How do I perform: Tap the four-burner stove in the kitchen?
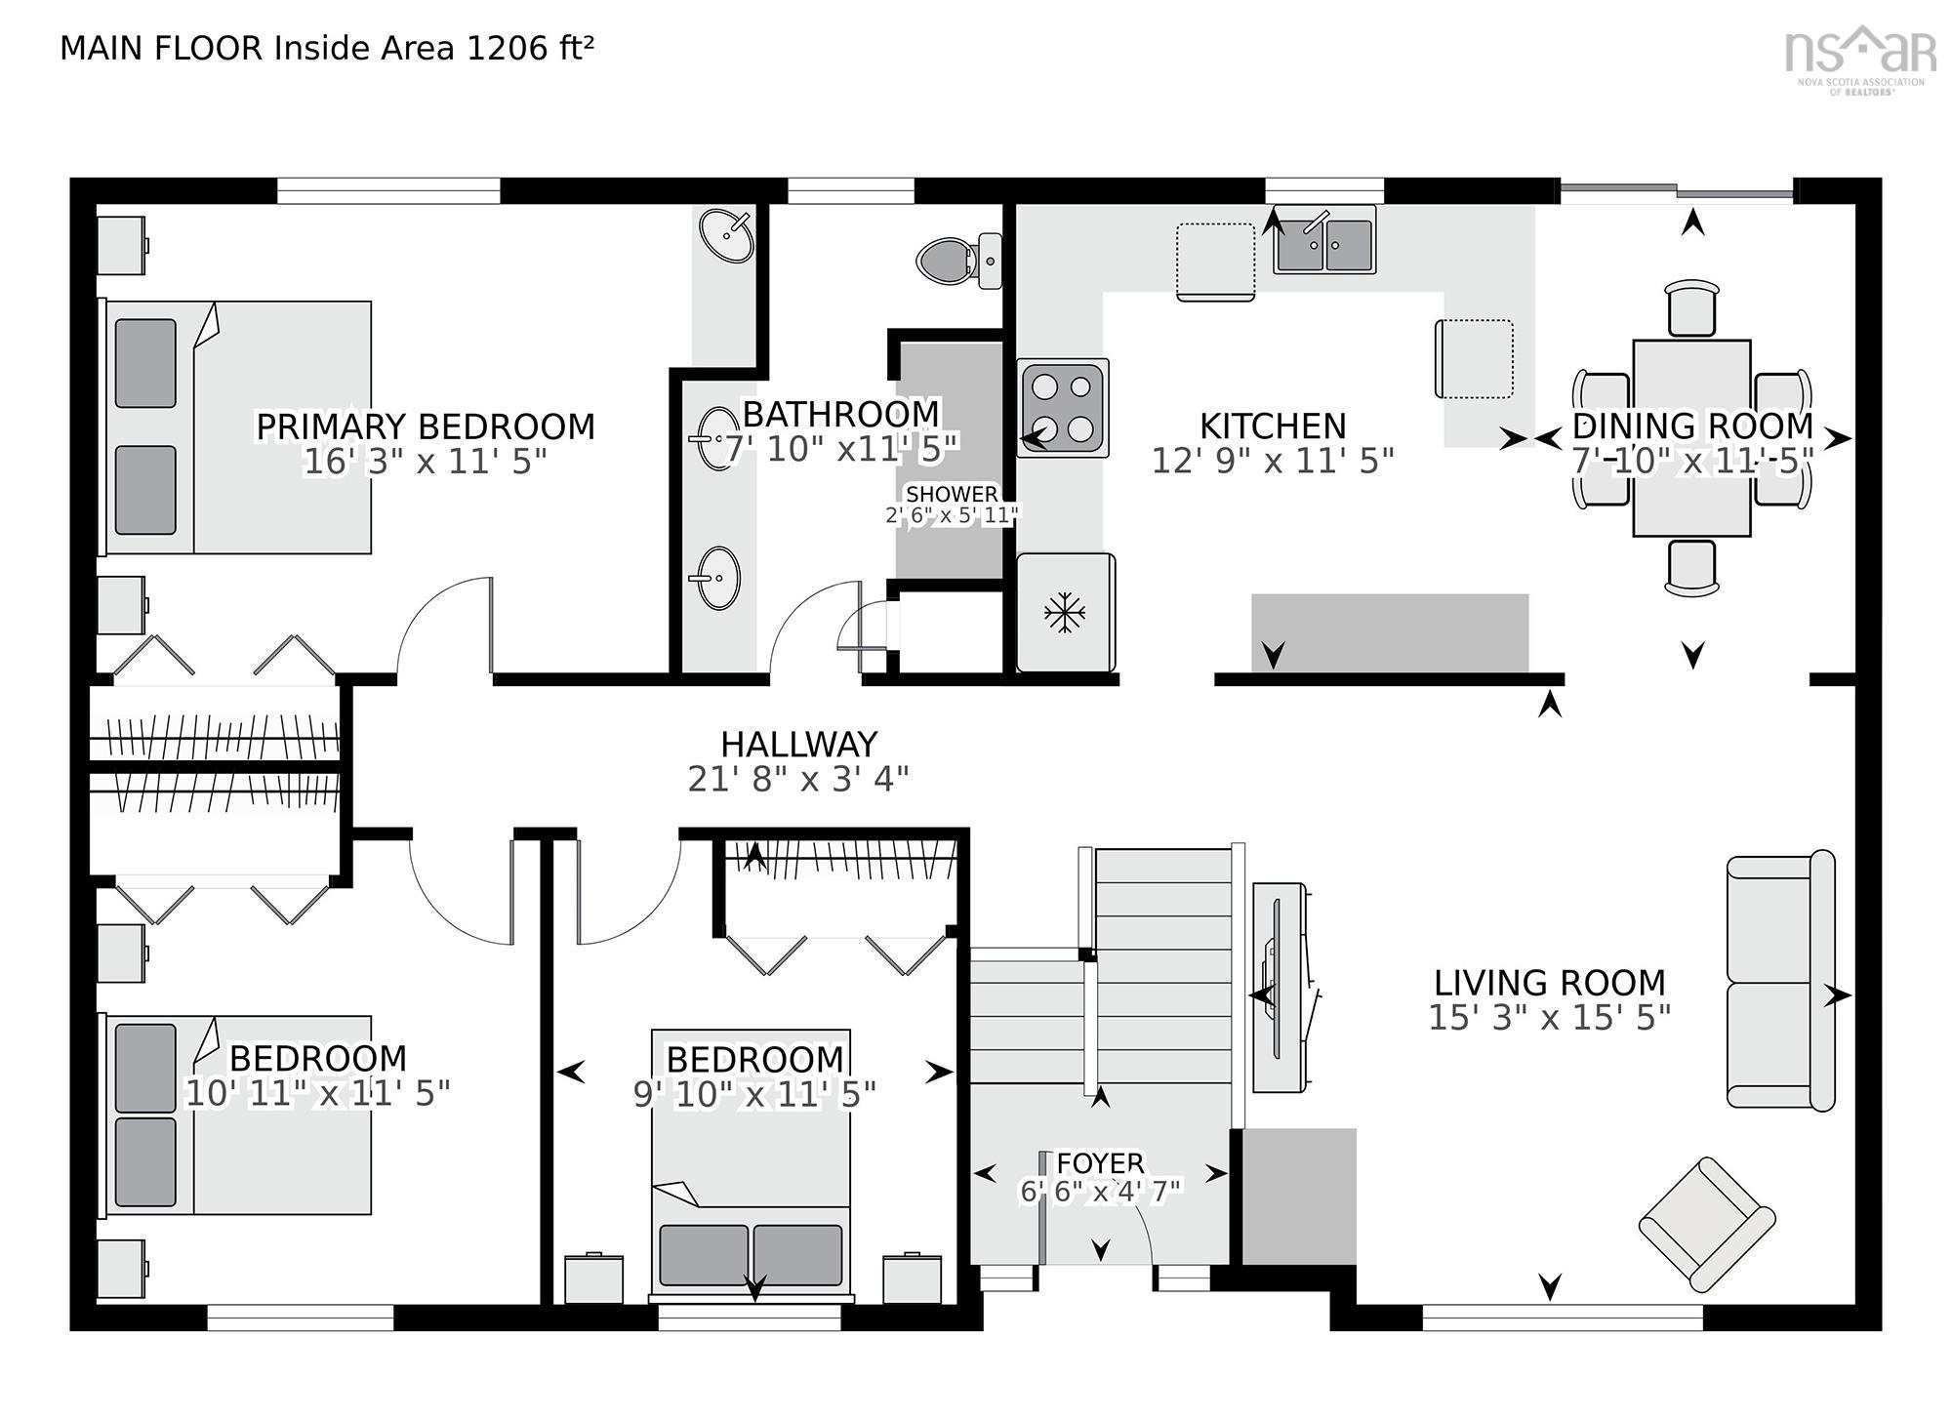[1062, 407]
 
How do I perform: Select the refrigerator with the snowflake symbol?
[1065, 612]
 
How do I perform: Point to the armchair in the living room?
[1706, 1224]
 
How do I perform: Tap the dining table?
[1691, 437]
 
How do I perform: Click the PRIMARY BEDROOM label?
[425, 426]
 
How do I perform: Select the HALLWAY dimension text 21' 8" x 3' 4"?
[798, 780]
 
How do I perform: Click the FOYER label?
[1100, 1162]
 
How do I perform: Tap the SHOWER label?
[952, 494]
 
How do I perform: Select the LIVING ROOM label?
[1549, 982]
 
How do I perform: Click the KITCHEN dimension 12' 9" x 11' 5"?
[1273, 461]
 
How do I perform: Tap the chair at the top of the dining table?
[1691, 307]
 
